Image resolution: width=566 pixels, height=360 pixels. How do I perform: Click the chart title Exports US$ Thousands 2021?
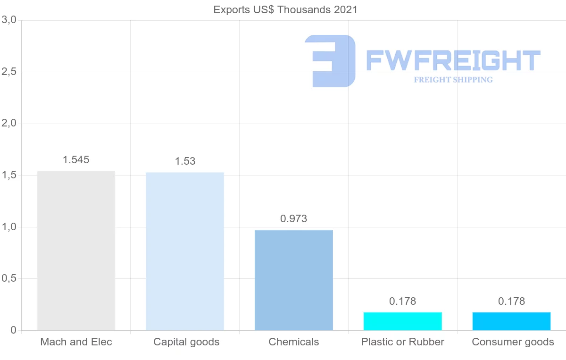(285, 10)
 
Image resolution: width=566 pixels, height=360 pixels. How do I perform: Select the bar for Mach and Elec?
(76, 251)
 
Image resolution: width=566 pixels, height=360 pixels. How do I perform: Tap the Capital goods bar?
(185, 251)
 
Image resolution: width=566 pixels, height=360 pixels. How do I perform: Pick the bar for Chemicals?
(294, 280)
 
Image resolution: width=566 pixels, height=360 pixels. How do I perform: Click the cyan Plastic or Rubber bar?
(403, 321)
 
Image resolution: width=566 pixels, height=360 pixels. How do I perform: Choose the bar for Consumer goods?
(512, 321)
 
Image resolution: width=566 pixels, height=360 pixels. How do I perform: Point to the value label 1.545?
(76, 160)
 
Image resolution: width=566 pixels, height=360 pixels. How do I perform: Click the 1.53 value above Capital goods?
(185, 161)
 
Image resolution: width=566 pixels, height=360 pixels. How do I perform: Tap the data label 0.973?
(294, 219)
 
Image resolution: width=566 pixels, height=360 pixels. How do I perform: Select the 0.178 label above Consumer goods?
(512, 301)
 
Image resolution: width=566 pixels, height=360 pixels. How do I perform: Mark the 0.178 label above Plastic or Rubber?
(403, 301)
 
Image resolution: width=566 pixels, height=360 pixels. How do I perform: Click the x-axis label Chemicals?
(294, 342)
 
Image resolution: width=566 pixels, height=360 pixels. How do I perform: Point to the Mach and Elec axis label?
(76, 342)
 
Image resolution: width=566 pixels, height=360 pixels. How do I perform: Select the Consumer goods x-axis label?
(513, 342)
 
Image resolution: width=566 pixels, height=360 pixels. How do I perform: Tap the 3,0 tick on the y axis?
(9, 20)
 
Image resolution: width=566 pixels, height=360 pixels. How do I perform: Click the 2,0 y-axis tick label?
(9, 124)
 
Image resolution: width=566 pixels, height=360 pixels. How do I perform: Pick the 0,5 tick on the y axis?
(9, 279)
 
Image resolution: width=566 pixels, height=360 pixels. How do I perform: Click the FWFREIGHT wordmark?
(453, 61)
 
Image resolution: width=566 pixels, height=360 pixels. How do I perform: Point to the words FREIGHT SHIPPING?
(453, 80)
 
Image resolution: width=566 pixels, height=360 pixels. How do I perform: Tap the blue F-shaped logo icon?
(330, 61)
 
